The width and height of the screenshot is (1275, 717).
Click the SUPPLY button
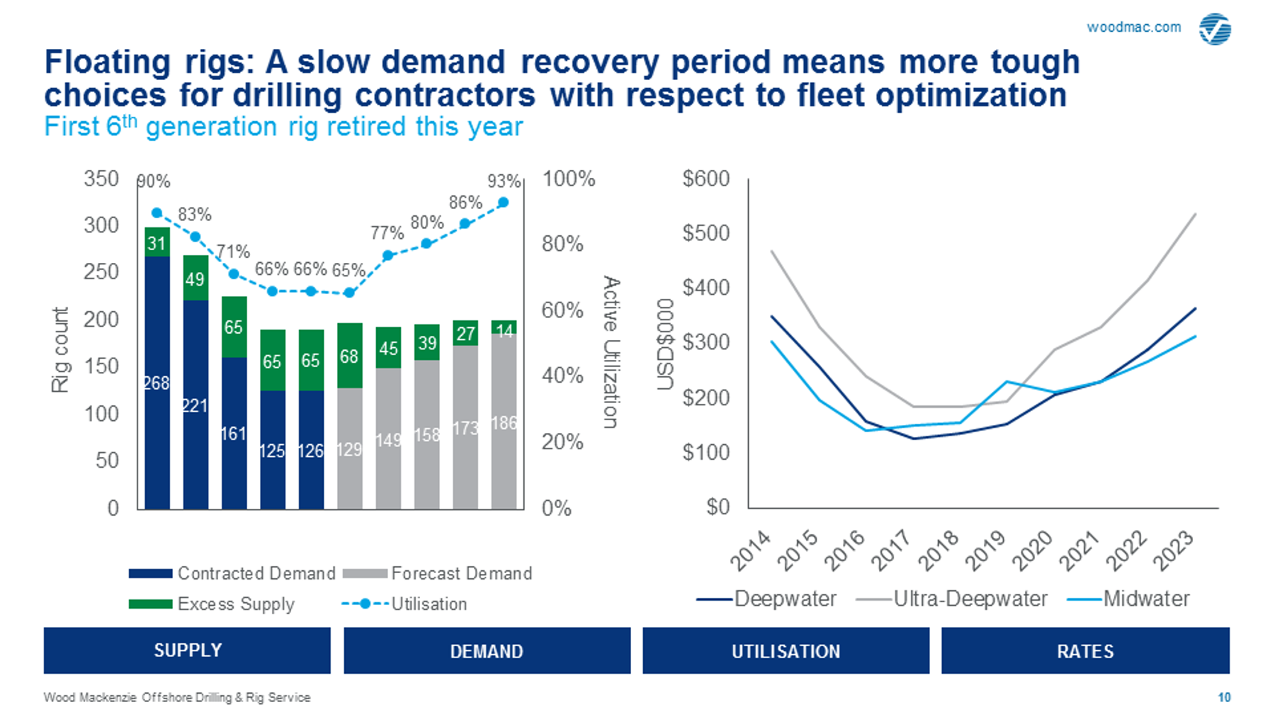pos(187,650)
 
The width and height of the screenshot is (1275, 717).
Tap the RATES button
pos(1085,650)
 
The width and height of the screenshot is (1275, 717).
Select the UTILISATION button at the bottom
pos(786,650)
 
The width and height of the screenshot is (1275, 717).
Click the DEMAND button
pos(487,650)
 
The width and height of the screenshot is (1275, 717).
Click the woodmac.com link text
pos(1134,27)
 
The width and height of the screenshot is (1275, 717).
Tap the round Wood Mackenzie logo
pos(1215,29)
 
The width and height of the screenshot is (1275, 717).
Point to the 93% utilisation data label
pos(504,181)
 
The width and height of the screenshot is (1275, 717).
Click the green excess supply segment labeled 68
pos(349,356)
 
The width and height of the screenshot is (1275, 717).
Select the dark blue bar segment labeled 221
pos(195,405)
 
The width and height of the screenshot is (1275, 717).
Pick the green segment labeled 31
pos(157,242)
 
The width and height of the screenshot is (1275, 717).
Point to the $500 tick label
pos(705,232)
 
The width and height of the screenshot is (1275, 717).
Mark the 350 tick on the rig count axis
pos(101,179)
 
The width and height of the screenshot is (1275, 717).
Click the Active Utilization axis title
pos(611,352)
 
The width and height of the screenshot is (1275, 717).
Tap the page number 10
pos(1224,697)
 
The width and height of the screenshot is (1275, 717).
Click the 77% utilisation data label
pos(387,233)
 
